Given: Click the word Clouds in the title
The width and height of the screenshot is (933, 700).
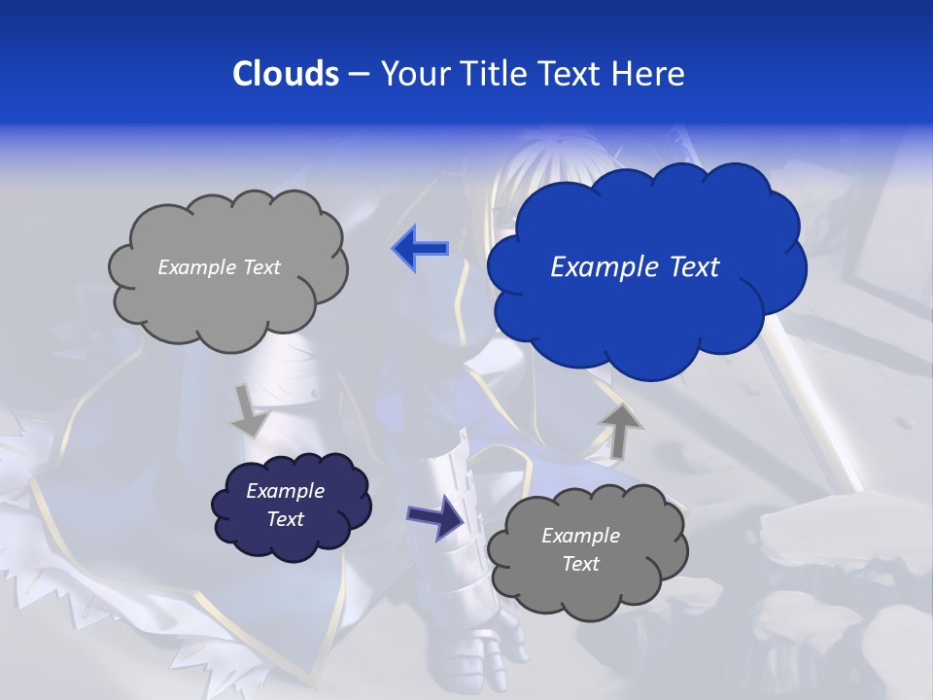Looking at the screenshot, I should (285, 74).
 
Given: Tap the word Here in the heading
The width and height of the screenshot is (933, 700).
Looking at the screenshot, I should (648, 74).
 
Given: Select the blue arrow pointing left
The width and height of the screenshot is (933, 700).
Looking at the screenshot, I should (420, 249).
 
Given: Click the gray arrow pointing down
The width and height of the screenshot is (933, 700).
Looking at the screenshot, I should (251, 410).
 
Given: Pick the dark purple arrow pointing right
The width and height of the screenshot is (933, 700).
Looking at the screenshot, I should (435, 516).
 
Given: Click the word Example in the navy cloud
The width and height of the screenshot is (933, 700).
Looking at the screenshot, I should (285, 491).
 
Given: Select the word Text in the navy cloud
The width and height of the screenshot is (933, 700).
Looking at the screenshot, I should (285, 519).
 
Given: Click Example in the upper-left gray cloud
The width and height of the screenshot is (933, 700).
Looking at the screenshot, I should (193, 267).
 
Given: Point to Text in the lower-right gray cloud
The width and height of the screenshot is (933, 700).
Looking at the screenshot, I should (580, 564).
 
